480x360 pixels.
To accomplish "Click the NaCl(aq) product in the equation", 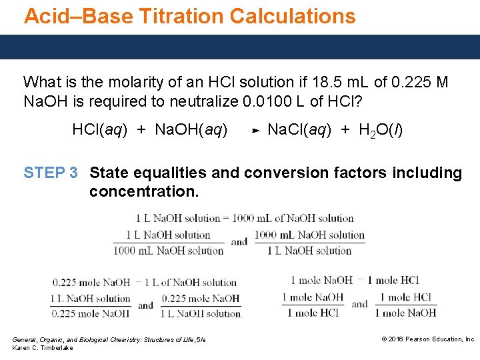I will pyautogui.click(x=297, y=129).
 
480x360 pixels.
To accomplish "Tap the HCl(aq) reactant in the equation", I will pyautogui.click(x=99, y=129).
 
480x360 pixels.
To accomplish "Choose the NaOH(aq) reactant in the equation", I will pyautogui.click(x=191, y=129).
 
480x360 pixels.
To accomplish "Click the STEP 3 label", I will pyautogui.click(x=50, y=173).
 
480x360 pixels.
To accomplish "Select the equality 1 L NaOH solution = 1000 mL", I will pyautogui.click(x=244, y=218).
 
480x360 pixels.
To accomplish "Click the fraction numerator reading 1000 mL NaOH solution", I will pyautogui.click(x=309, y=235).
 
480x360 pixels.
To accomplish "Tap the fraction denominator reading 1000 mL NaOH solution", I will pyautogui.click(x=168, y=251).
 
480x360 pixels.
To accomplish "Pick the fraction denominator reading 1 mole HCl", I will pyautogui.click(x=312, y=313).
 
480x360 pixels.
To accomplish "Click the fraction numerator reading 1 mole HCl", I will pyautogui.click(x=405, y=297).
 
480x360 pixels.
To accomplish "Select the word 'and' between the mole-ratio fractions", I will pyautogui.click(x=359, y=305).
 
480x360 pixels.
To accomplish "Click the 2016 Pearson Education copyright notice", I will pyautogui.click(x=428, y=339).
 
